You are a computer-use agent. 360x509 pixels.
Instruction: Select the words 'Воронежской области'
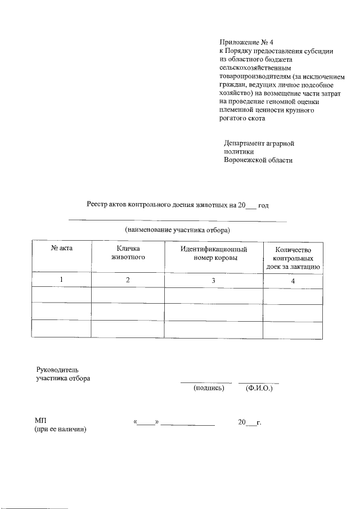point(258,160)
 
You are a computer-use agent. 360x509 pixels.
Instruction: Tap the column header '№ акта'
point(62,249)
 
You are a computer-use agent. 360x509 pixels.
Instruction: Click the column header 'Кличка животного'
point(128,253)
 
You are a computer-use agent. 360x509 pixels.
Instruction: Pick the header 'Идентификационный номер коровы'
point(213,253)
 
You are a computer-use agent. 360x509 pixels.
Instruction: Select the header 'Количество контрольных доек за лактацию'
point(292,258)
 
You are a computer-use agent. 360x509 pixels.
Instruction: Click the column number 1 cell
point(62,280)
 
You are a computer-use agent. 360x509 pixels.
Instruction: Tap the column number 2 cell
point(128,280)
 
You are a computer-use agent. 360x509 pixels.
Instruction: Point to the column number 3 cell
point(213,280)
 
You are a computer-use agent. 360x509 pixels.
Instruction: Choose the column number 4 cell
point(292,280)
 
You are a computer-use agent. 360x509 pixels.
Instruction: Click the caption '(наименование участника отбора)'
point(178,230)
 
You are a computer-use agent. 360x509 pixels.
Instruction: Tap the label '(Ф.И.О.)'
point(259,388)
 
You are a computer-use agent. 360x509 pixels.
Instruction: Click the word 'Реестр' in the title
point(98,205)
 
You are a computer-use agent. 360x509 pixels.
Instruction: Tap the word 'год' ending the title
point(263,205)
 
